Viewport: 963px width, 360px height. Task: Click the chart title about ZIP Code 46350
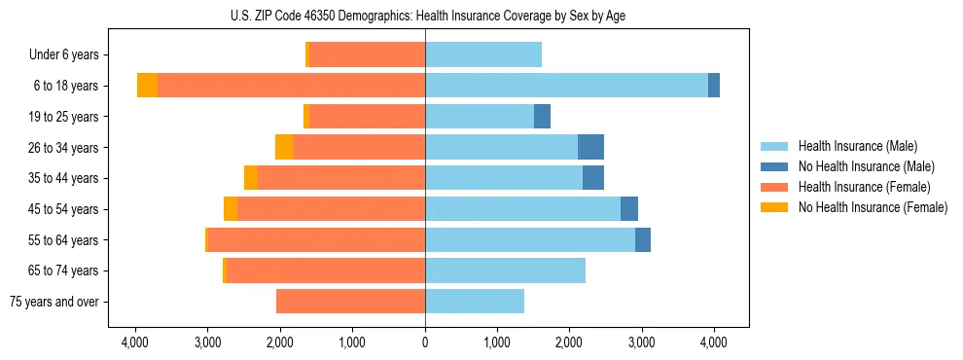(x=425, y=15)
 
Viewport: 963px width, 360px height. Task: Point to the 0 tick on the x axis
(x=425, y=342)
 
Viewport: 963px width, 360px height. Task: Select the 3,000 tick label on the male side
(x=642, y=342)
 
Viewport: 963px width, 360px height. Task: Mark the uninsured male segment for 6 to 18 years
(x=714, y=86)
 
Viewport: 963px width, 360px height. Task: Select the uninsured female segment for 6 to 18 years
(x=147, y=86)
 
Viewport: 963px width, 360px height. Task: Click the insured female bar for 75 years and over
(x=350, y=302)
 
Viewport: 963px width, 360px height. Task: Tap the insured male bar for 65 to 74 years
(x=505, y=270)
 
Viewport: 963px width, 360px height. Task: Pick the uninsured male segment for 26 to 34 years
(x=590, y=147)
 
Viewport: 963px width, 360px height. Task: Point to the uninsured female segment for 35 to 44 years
(x=251, y=178)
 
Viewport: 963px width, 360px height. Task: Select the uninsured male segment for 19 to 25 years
(x=542, y=117)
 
